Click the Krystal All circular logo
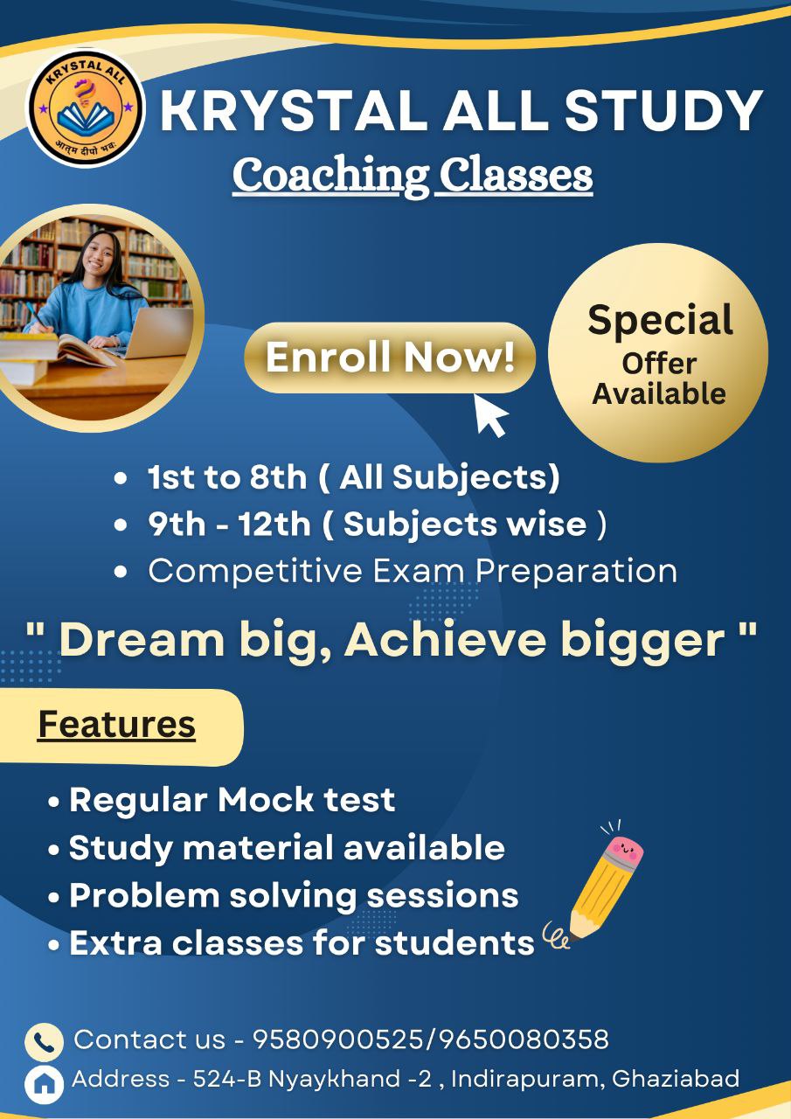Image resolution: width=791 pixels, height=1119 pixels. [x=86, y=108]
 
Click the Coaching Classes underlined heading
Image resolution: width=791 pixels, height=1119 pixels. [x=413, y=175]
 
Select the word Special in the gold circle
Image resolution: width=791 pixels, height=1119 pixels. [x=660, y=320]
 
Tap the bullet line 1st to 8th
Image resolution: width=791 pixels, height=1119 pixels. [x=353, y=477]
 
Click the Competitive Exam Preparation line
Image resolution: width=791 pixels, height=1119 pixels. [x=412, y=570]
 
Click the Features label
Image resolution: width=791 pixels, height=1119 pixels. [x=116, y=725]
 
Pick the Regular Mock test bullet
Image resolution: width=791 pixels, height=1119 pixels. [x=232, y=799]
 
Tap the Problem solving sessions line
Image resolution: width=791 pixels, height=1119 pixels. [x=293, y=895]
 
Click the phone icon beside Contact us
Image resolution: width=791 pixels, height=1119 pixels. [x=43, y=1041]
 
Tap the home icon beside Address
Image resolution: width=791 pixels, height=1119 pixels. [x=43, y=1082]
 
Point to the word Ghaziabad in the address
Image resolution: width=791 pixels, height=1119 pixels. [x=675, y=1079]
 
